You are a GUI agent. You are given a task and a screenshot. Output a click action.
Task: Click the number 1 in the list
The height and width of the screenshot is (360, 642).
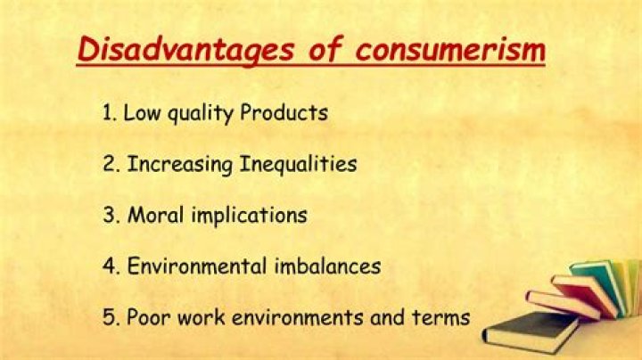coord(105,114)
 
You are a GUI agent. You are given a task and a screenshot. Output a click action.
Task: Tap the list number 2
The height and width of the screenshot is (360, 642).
coord(107,165)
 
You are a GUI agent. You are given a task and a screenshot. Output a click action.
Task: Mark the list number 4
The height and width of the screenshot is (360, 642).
coord(107,266)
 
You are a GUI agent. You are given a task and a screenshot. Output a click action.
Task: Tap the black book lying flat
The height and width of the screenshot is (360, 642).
coord(531,331)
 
